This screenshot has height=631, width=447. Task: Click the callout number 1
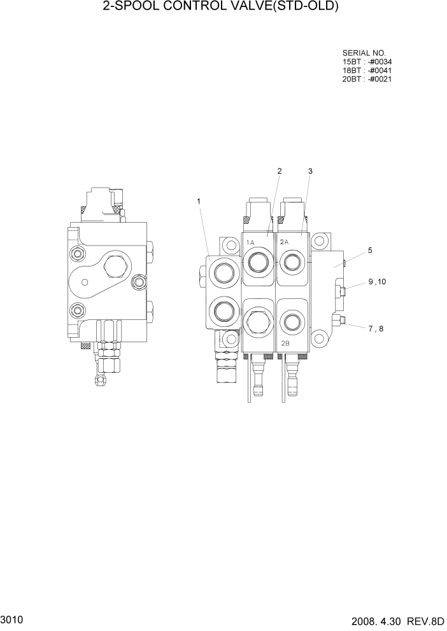[x=199, y=202]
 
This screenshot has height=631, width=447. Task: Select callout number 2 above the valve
[x=279, y=171]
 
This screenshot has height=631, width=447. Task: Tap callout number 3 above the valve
[x=309, y=171]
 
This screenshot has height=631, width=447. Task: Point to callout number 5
[x=370, y=251]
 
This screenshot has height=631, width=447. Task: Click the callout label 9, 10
[x=377, y=282]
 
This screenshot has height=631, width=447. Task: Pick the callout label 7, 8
[x=377, y=329]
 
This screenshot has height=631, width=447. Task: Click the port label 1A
[x=250, y=242]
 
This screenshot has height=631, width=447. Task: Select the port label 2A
[x=284, y=242]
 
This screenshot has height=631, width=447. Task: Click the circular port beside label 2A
[x=292, y=260]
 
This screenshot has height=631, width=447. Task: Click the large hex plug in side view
[x=114, y=267]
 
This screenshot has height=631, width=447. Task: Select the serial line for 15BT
[x=367, y=62]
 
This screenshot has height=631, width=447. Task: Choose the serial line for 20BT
[x=367, y=80]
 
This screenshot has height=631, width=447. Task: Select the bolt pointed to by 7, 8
[x=343, y=321]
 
